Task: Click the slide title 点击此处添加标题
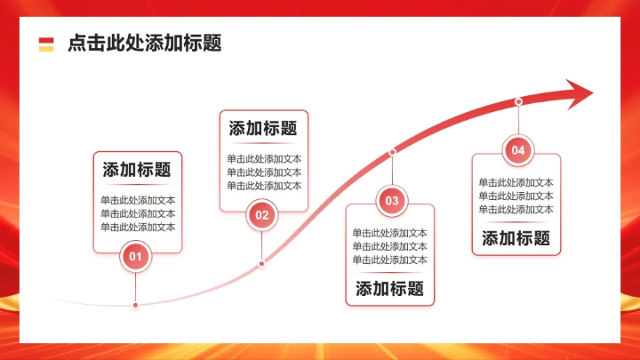[x=144, y=43]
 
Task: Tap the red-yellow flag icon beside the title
[x=46, y=44]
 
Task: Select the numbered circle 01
[x=135, y=258]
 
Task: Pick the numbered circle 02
[x=261, y=214]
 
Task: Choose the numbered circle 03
[x=392, y=201]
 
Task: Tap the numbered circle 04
[x=518, y=150]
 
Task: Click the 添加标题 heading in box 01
[x=137, y=170]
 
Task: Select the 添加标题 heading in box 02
[x=263, y=128]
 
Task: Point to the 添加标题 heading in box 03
[x=389, y=288]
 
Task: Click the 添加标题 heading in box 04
[x=516, y=237]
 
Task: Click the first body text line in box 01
[x=138, y=200]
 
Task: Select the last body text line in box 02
[x=264, y=186]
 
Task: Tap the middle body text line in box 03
[x=389, y=246]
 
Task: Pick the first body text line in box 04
[x=516, y=182]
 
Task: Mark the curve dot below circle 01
[x=135, y=305]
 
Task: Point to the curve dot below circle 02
[x=261, y=263]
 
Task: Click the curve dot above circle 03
[x=392, y=152]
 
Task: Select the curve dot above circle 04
[x=518, y=102]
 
